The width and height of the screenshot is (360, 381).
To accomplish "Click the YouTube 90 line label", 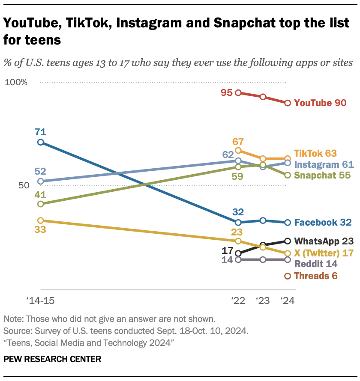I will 320,103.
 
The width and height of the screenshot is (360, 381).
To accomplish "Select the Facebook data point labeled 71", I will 40,142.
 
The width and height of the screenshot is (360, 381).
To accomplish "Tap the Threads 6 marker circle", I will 288,276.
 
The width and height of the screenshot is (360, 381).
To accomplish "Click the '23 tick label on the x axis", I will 263,301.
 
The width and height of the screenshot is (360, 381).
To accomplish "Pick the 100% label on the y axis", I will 16,82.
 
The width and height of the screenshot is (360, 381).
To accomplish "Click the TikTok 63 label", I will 315,153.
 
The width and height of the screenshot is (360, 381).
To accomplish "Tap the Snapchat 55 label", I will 322,175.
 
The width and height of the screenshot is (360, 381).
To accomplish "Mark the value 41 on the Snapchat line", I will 40,194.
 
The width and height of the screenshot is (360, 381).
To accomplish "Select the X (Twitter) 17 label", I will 323,253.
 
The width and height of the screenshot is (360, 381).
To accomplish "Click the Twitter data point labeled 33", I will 40,220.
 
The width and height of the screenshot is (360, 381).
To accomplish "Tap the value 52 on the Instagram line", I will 40,171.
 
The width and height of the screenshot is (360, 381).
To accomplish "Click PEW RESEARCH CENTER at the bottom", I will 53,359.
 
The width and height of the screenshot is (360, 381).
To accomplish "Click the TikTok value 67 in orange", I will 238,141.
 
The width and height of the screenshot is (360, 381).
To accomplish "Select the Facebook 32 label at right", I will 323,222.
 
